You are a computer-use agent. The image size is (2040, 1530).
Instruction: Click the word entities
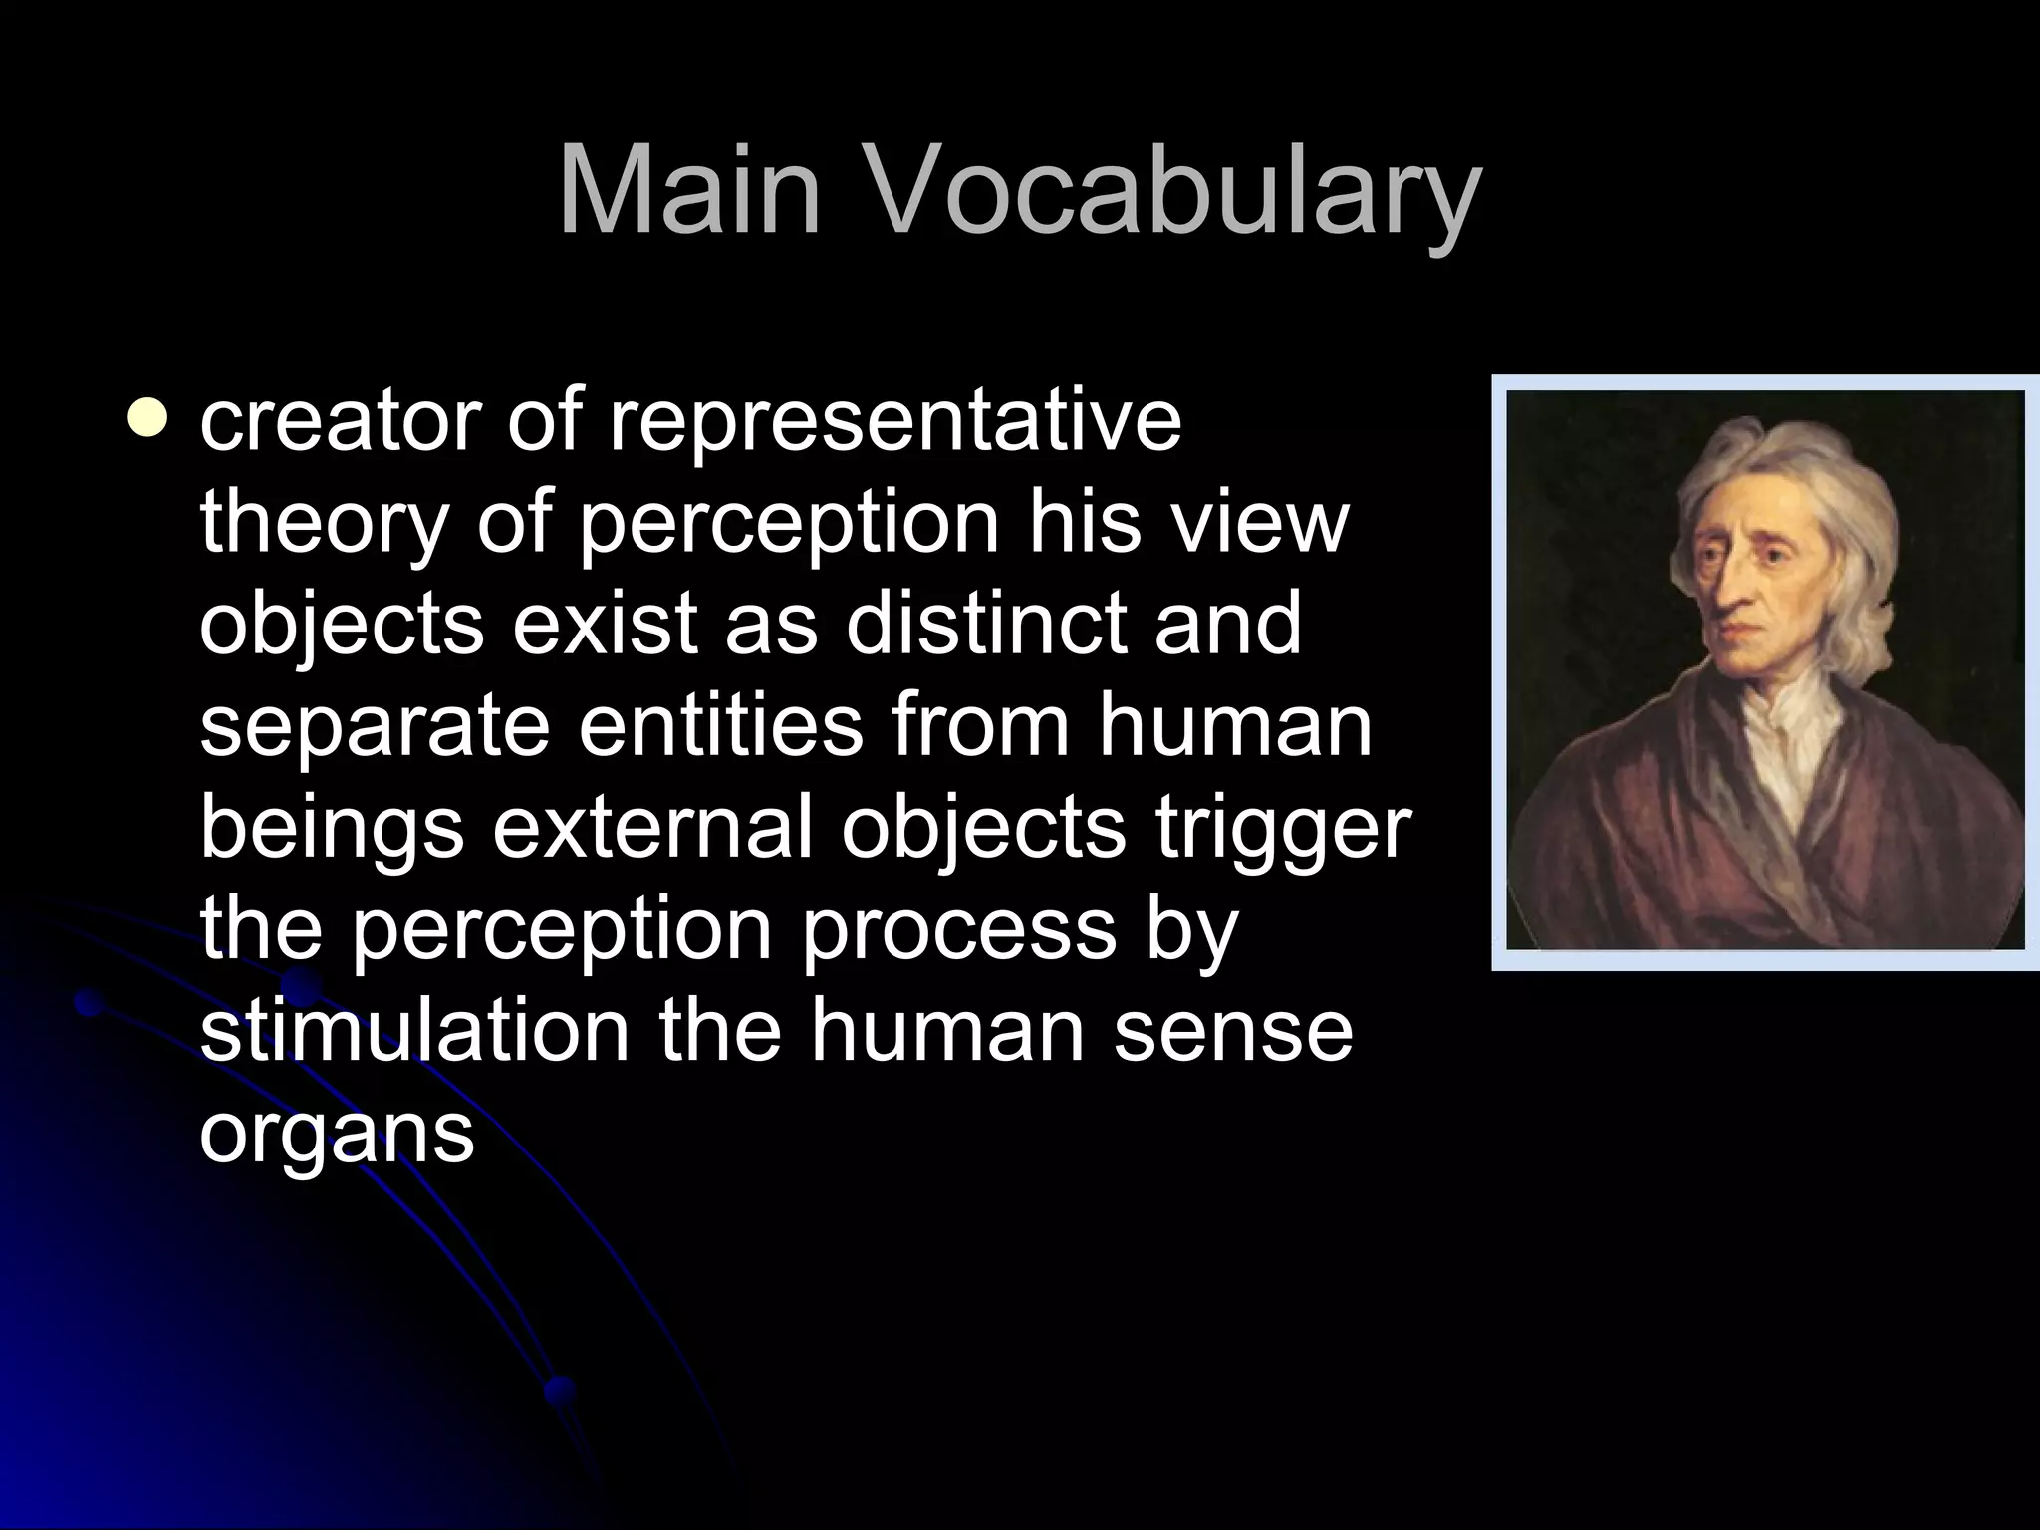[720, 725]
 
